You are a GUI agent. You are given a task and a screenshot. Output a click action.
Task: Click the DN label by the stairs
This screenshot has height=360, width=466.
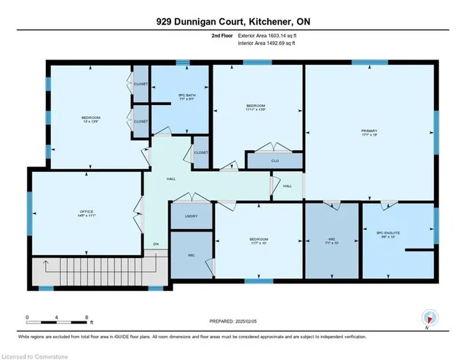pyautogui.click(x=155, y=243)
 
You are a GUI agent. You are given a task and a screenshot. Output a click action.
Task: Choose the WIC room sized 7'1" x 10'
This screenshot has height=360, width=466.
pyautogui.click(x=331, y=239)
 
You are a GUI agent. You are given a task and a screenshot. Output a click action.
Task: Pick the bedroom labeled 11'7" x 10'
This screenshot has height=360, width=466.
pyautogui.click(x=258, y=241)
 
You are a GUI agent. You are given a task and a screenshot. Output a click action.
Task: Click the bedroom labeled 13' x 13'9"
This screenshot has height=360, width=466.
pyautogui.click(x=90, y=120)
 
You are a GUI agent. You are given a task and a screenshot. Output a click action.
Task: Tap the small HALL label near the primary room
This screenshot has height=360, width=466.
pyautogui.click(x=287, y=186)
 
